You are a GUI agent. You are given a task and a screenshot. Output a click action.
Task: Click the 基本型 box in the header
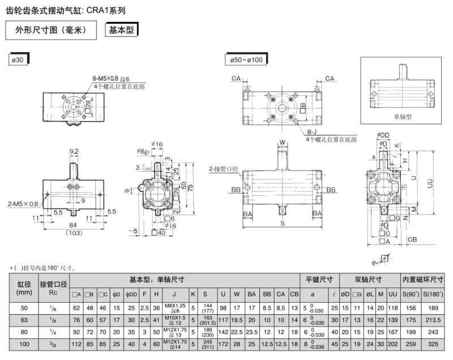(122, 29)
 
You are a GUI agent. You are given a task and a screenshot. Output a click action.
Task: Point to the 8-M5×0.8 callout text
(105, 79)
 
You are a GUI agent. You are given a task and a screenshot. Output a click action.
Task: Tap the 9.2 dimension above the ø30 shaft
(75, 151)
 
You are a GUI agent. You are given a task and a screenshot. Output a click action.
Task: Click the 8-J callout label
(312, 131)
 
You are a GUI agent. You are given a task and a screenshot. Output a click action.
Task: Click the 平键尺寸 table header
(319, 279)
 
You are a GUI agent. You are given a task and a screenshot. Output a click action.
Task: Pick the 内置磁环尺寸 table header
(422, 279)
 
